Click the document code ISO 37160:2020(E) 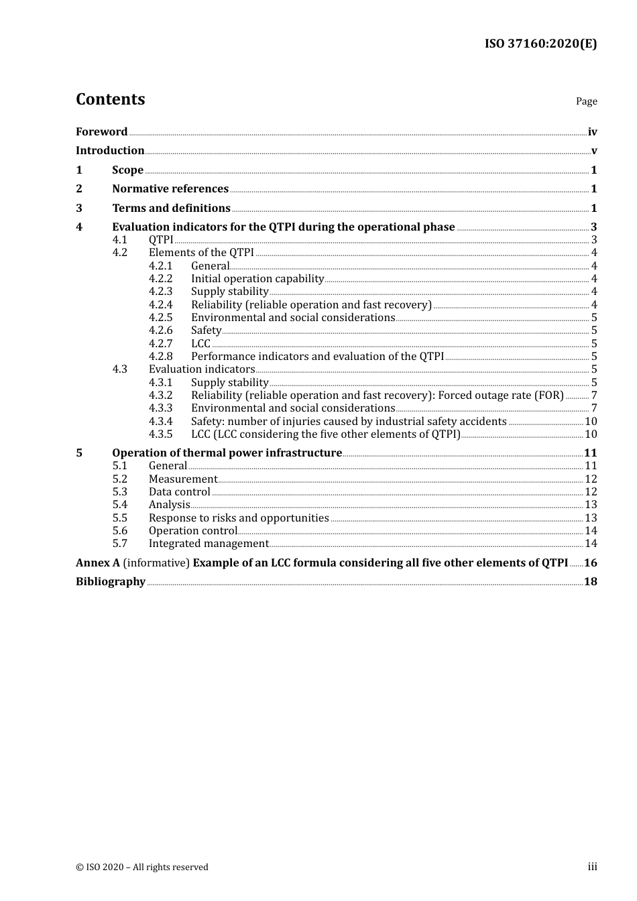click(540, 44)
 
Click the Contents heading click(110, 99)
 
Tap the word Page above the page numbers click(586, 101)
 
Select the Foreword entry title click(101, 132)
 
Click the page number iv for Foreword click(592, 132)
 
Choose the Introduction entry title click(110, 151)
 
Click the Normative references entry click(170, 189)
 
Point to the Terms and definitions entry click(171, 208)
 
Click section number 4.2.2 click(160, 279)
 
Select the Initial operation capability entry click(257, 279)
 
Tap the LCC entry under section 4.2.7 click(200, 344)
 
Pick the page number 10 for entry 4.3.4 click(591, 422)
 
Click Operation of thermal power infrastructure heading click(227, 453)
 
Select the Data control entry click(179, 492)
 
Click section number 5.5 click(119, 518)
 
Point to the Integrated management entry click(209, 544)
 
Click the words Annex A click(97, 563)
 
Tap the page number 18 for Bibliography click(590, 582)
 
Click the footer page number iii click(592, 867)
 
